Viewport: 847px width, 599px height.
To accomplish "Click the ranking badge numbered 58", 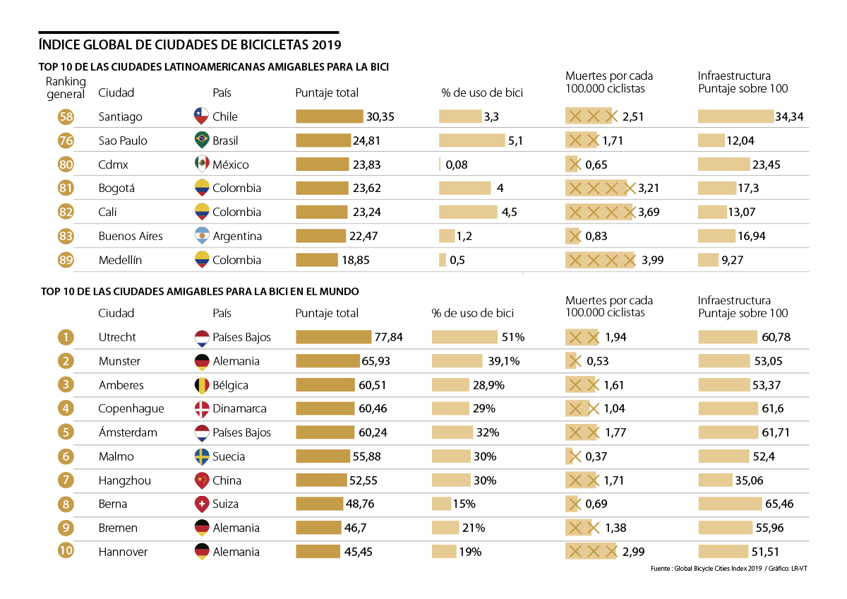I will (x=66, y=117).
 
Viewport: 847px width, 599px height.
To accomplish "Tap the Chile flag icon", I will (x=201, y=116).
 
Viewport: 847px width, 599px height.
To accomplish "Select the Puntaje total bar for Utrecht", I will (x=333, y=337).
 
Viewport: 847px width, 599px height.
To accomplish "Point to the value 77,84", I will (x=388, y=337).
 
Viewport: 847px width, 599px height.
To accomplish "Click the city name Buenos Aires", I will (x=131, y=236).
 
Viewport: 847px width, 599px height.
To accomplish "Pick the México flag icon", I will (x=201, y=164).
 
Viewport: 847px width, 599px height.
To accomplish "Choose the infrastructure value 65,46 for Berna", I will (x=779, y=504).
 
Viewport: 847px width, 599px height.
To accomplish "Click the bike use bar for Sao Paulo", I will (x=471, y=140).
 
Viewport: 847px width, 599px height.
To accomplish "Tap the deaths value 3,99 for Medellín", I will (x=652, y=260).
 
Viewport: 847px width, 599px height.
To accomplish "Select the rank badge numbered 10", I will (x=66, y=552).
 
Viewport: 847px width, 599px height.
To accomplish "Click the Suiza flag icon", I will (x=201, y=504).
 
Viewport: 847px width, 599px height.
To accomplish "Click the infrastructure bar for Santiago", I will (x=735, y=116).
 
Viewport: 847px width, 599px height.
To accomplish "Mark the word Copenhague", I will (x=131, y=409).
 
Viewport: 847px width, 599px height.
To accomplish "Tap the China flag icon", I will (x=201, y=480).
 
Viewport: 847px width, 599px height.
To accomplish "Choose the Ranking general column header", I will (x=66, y=88).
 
